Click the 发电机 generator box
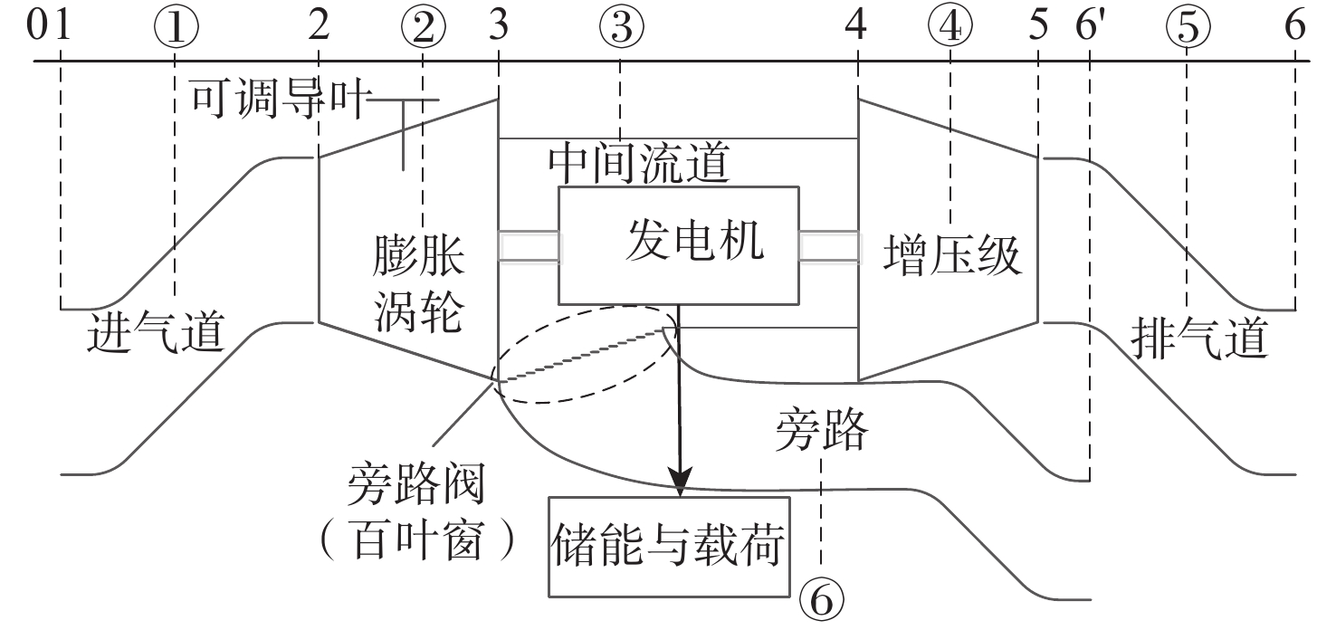coord(679,245)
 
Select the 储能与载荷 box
coord(669,546)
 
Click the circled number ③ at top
coord(621,28)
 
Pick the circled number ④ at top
coord(950,28)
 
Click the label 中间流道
coord(639,164)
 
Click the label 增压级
coord(951,256)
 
